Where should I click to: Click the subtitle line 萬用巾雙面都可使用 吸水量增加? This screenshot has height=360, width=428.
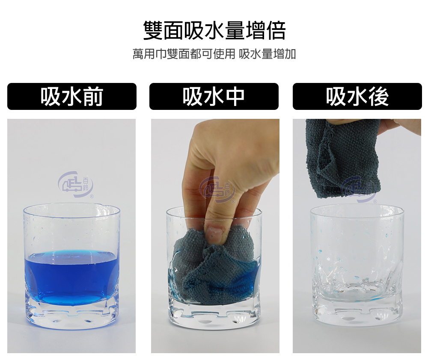[214, 54]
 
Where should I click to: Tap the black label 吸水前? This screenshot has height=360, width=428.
[72, 97]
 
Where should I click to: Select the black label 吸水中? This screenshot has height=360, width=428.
[214, 97]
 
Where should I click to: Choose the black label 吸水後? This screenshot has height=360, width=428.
[357, 97]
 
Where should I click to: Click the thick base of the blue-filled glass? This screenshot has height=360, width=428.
[71, 314]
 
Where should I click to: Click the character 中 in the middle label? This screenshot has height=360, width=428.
[235, 97]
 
